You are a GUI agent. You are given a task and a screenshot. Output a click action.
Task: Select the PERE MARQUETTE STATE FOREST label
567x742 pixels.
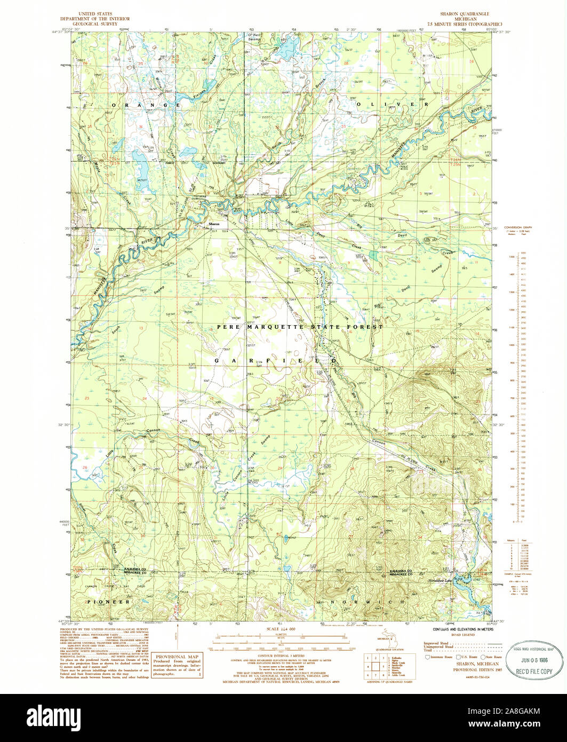pyautogui.click(x=300, y=326)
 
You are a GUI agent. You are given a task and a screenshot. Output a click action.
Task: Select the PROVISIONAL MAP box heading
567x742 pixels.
pyautogui.click(x=178, y=656)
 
